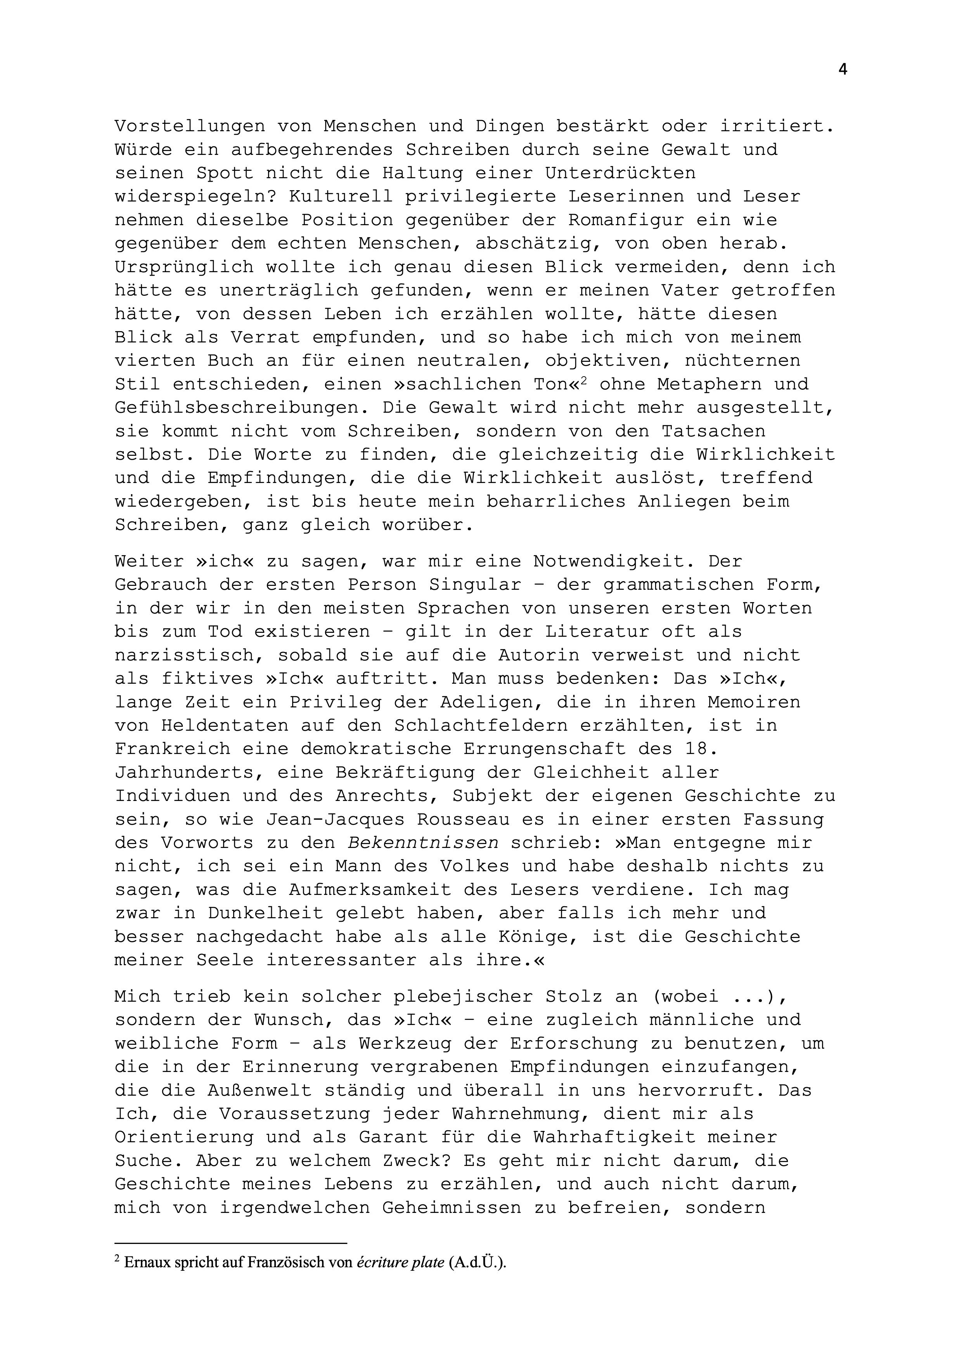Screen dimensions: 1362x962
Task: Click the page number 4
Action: (x=842, y=70)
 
